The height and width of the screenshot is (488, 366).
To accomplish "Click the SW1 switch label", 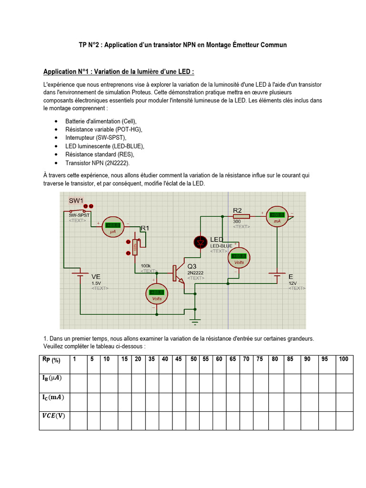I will pyautogui.click(x=76, y=200).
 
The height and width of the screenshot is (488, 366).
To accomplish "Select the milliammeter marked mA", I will pyautogui.click(x=276, y=215).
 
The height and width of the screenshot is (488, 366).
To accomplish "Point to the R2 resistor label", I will pyautogui.click(x=237, y=210).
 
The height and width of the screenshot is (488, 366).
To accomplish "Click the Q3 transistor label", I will pyautogui.click(x=192, y=266).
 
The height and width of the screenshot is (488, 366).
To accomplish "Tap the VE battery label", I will pyautogui.click(x=96, y=276).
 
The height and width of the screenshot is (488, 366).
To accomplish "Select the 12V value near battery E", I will pyautogui.click(x=292, y=283).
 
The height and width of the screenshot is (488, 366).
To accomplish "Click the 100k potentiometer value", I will pyautogui.click(x=145, y=265).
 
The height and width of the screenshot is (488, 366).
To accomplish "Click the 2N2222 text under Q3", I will pyautogui.click(x=196, y=273).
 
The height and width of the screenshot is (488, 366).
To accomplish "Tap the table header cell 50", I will pyautogui.click(x=193, y=359).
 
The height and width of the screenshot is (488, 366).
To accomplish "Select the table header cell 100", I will pyautogui.click(x=344, y=359).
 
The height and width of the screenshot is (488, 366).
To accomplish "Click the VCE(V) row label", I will pyautogui.click(x=53, y=416).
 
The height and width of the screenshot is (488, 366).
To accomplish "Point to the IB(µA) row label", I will pyautogui.click(x=53, y=378).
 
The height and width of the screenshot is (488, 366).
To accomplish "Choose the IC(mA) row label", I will pyautogui.click(x=53, y=397).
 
